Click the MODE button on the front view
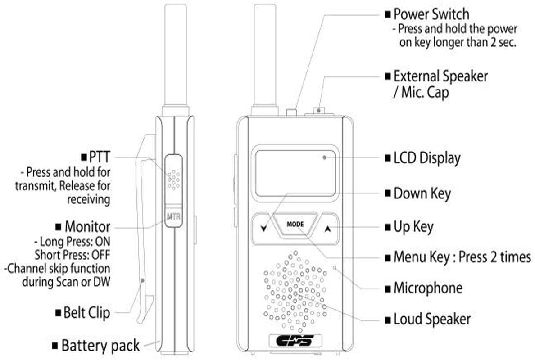295,224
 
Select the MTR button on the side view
173,217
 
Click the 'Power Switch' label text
431,13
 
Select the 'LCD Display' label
427,158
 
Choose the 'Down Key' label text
422,194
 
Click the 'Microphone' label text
428,288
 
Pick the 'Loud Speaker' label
432,319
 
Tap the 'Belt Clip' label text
86,312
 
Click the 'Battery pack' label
100,346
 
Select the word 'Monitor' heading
87,225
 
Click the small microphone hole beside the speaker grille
334,268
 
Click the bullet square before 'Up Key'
388,228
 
